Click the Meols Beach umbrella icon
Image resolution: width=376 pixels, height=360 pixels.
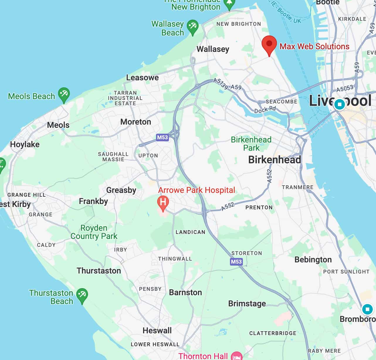point(64,94)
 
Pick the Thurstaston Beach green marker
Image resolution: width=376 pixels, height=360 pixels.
point(82,295)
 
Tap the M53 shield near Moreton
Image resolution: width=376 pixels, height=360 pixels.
point(162,137)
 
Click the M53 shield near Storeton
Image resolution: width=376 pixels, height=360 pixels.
point(236,261)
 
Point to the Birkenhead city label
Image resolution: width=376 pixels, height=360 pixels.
point(275,159)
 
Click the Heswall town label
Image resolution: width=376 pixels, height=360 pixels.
point(157,330)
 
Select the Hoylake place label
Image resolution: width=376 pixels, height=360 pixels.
point(25,144)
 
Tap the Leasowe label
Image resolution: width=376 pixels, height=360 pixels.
point(142,77)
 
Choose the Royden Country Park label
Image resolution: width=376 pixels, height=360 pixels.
point(94,232)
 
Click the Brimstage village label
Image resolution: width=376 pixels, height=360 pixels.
point(247,303)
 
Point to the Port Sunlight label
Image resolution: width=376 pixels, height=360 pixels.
point(346,271)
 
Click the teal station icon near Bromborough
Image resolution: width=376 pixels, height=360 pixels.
point(367,309)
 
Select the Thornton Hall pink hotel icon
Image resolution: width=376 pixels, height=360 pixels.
point(237,356)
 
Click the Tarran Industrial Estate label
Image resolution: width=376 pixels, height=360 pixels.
point(125,98)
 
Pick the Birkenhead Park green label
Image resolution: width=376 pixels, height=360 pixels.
point(251,144)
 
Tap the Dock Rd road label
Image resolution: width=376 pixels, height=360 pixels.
point(265,110)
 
